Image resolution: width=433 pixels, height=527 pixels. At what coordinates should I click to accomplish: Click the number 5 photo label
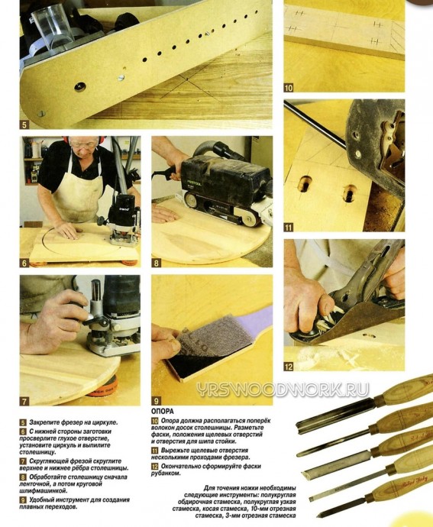(x=24, y=125)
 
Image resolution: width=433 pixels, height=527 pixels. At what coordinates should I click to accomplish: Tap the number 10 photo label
(x=289, y=88)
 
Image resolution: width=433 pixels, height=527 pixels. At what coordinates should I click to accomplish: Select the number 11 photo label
(x=289, y=228)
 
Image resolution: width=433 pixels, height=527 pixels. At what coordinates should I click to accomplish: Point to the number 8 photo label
(x=156, y=263)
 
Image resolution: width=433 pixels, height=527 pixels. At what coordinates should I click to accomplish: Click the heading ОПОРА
(x=163, y=412)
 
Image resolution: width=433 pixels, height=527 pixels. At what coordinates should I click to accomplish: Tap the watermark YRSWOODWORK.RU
(x=283, y=390)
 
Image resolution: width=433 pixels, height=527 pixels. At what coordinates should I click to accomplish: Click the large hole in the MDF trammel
(x=80, y=86)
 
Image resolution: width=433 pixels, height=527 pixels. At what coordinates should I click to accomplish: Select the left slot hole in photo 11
(x=305, y=184)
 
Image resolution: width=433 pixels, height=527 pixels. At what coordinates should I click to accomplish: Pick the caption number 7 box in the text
(x=23, y=461)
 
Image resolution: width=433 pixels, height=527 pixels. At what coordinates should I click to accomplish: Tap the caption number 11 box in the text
(x=154, y=451)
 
